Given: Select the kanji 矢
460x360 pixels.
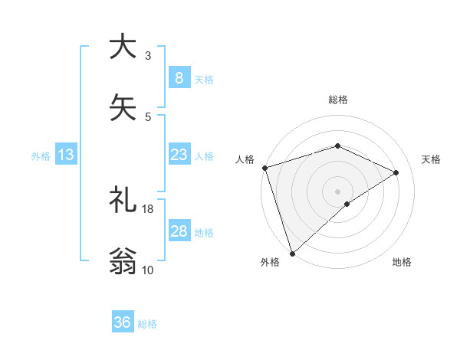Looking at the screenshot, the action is point(122,107).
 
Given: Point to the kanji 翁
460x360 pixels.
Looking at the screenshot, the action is point(122,260).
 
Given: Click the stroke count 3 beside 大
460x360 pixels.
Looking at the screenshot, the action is point(148,56).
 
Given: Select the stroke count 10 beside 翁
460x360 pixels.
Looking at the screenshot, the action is point(148,270).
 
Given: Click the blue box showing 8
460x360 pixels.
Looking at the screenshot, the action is point(179,77).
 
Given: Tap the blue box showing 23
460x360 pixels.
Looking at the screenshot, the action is point(179,155).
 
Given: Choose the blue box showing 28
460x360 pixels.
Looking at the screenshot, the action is point(179,231).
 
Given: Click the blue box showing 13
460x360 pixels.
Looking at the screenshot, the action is point(66,155).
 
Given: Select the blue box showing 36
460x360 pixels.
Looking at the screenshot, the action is point(122,322).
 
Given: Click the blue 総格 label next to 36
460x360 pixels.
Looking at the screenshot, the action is point(147,324).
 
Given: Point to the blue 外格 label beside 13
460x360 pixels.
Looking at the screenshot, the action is point(41,156).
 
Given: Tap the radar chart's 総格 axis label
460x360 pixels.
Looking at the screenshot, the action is point(338,100).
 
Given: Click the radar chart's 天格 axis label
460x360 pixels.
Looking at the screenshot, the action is point(432,159).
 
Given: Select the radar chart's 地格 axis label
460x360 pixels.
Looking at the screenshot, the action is point(402,262).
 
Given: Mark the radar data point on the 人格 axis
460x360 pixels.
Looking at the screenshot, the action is point(264,168).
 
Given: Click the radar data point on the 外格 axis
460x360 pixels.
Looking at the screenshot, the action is point(292,253).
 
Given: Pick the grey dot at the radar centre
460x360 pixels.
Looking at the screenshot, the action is point(337,191).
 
